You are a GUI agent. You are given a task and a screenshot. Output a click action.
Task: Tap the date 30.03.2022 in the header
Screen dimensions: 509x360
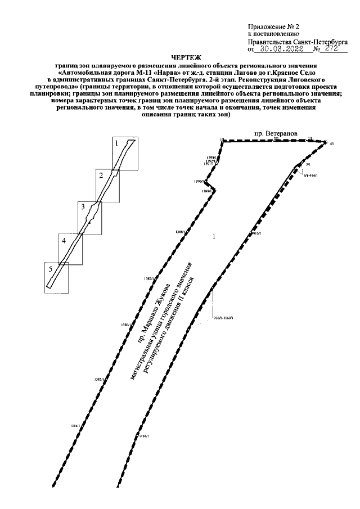click(x=282, y=49)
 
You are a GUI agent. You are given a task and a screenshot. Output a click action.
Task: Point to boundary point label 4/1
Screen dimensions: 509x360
click(x=332, y=145)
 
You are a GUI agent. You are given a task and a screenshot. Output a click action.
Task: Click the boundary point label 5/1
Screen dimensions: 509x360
click(x=308, y=165)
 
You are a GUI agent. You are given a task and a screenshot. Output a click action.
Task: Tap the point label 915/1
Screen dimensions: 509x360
click(x=258, y=232)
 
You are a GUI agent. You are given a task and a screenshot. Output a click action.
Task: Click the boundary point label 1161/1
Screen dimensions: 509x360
click(x=143, y=436)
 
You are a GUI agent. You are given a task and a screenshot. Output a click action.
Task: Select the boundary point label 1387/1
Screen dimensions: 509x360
click(x=148, y=278)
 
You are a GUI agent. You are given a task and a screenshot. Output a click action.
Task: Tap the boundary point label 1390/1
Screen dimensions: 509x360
click(x=197, y=182)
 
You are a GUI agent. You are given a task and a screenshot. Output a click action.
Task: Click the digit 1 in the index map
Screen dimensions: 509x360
click(x=116, y=143)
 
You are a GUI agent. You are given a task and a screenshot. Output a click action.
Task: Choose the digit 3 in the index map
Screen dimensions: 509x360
click(x=83, y=207)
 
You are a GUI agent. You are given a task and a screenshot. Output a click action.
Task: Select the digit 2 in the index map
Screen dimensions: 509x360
click(x=100, y=175)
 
